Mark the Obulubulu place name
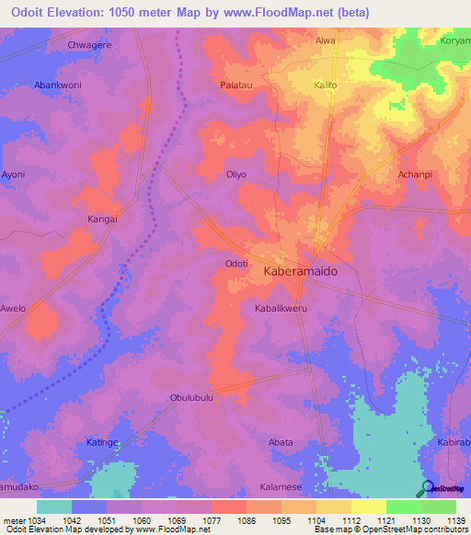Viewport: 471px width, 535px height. pyautogui.click(x=191, y=398)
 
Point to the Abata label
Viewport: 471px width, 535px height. pyautogui.click(x=281, y=442)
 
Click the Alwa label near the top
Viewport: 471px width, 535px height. pyautogui.click(x=326, y=40)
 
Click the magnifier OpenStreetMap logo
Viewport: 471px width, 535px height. pyautogui.click(x=425, y=487)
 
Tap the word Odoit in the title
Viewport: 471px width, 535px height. pyautogui.click(x=27, y=10)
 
